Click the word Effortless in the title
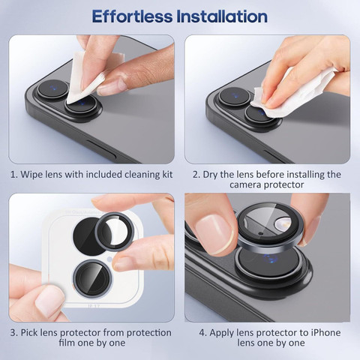click(x=132, y=16)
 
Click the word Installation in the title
click(x=222, y=16)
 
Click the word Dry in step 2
click(x=210, y=175)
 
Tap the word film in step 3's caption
click(x=67, y=343)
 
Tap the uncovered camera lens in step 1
click(x=52, y=89)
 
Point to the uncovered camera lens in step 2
click(x=234, y=96)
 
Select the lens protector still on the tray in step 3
click(x=92, y=278)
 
